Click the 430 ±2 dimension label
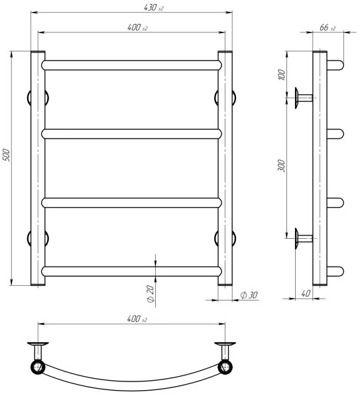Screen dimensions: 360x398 click(154, 8)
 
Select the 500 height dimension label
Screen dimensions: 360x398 click(6, 155)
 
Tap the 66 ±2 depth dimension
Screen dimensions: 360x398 click(328, 27)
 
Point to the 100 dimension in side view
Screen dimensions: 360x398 click(282, 74)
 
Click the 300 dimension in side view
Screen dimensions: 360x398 click(281, 166)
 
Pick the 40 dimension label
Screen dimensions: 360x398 click(306, 293)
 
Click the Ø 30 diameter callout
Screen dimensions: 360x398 click(249, 295)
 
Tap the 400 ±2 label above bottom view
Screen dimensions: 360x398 click(137, 318)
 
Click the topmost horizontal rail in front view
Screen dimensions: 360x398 click(132, 65)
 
